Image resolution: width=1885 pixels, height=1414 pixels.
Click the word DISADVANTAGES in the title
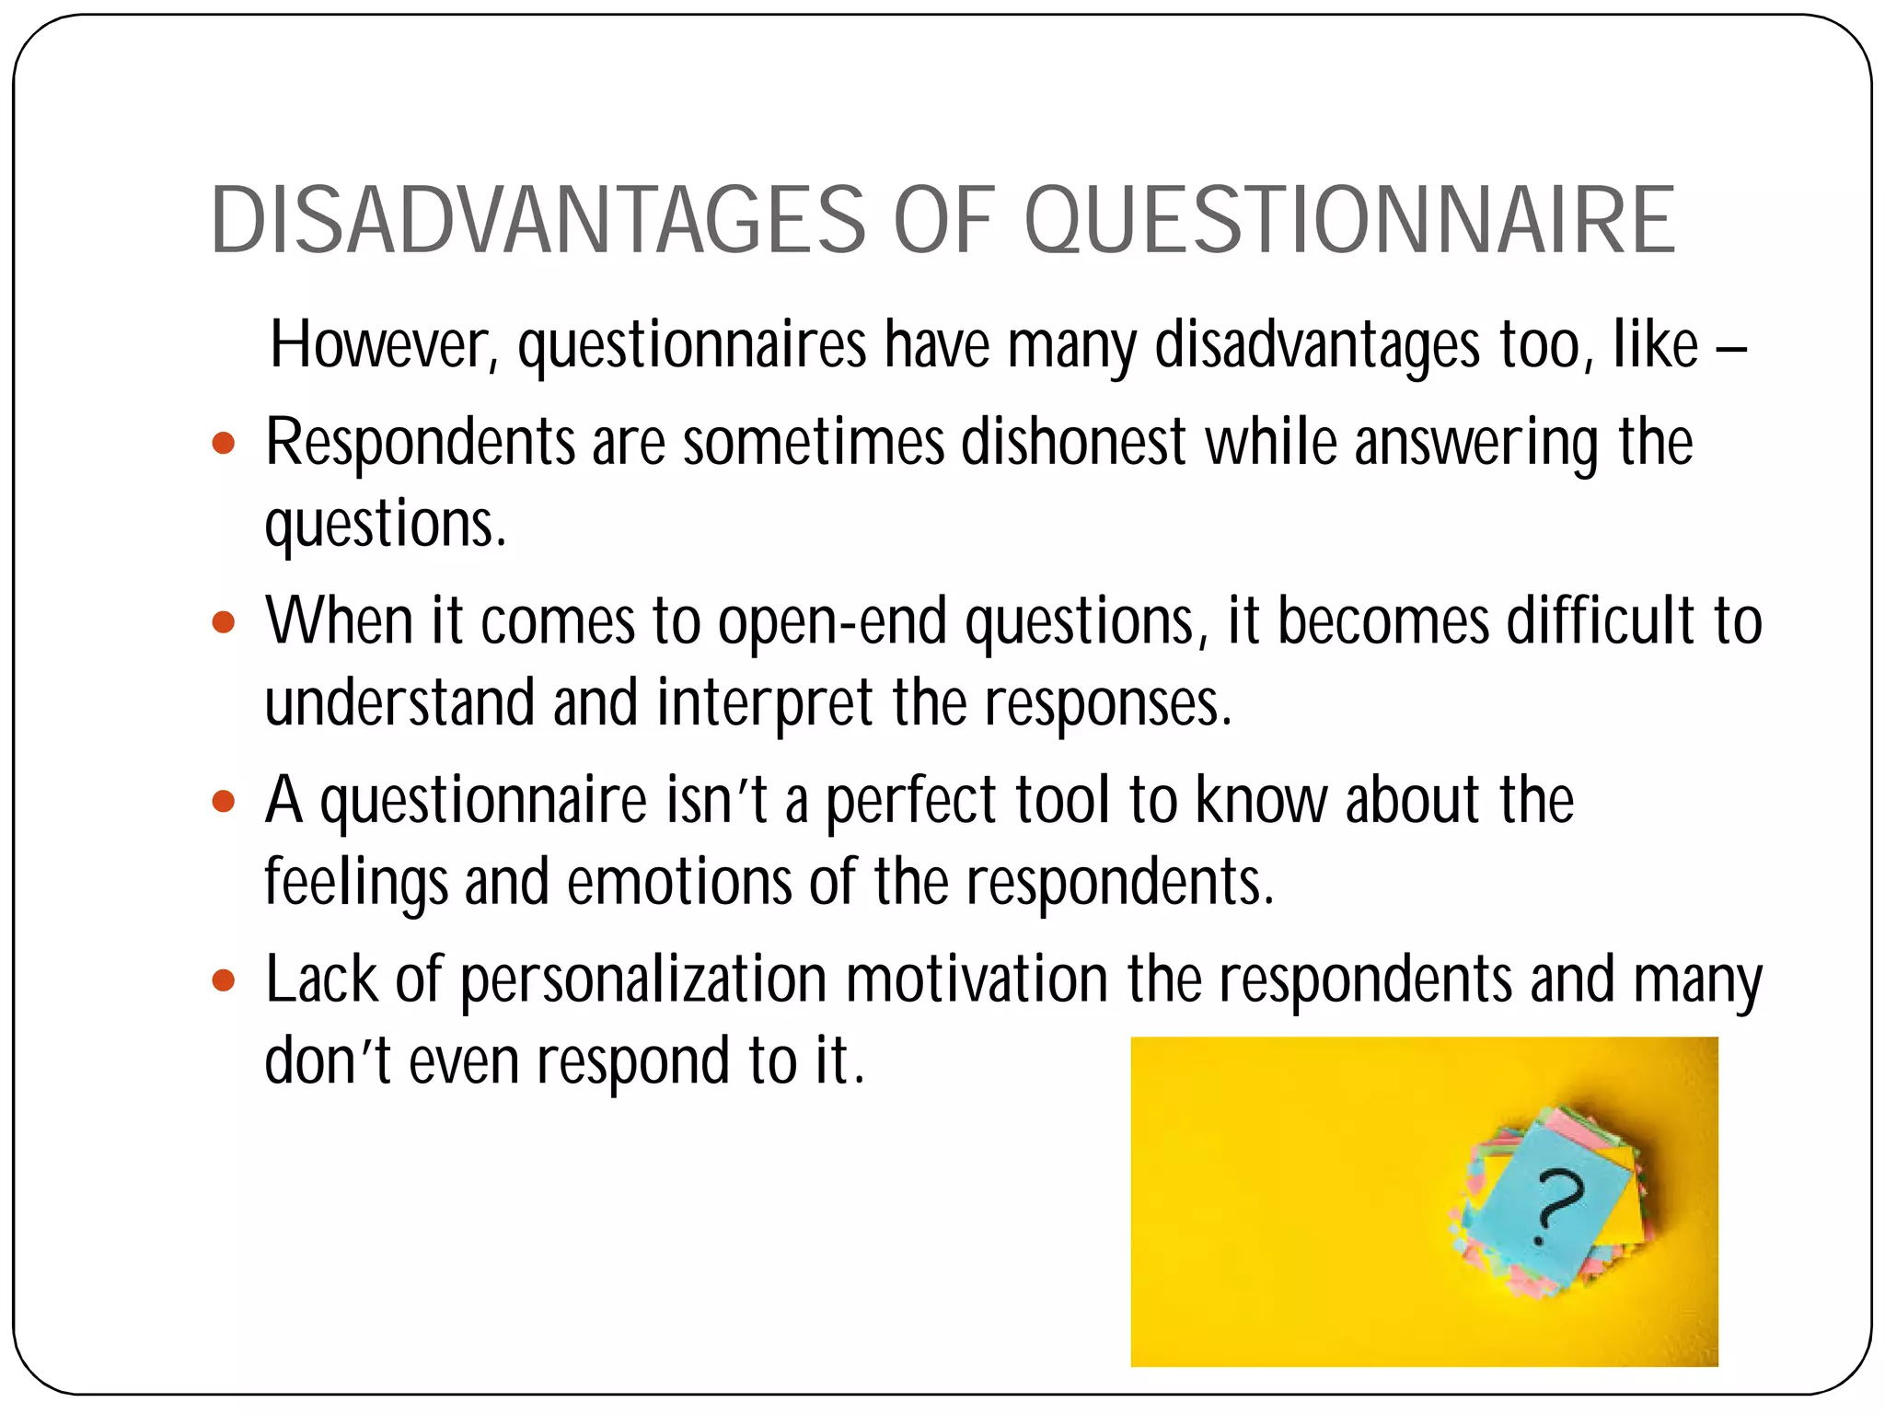(538, 221)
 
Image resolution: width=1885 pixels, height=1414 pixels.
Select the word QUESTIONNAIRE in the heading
(1349, 221)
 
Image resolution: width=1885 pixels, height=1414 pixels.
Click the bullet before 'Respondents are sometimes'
(224, 445)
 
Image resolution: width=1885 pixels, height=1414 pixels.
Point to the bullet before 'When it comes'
(224, 623)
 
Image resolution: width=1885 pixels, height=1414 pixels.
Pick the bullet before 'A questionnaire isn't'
(224, 802)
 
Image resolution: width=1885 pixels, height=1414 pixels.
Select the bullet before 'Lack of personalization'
(224, 980)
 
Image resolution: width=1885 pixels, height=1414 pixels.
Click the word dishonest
(1073, 443)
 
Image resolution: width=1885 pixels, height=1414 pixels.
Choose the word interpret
(764, 703)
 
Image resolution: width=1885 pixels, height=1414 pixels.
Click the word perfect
(910, 801)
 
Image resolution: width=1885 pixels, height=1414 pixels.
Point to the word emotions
(678, 882)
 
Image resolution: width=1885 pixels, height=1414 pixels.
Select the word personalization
(643, 979)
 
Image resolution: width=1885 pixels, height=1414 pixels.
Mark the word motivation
(977, 979)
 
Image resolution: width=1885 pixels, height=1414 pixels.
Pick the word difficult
(1601, 621)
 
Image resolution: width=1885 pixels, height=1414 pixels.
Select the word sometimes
(814, 443)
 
